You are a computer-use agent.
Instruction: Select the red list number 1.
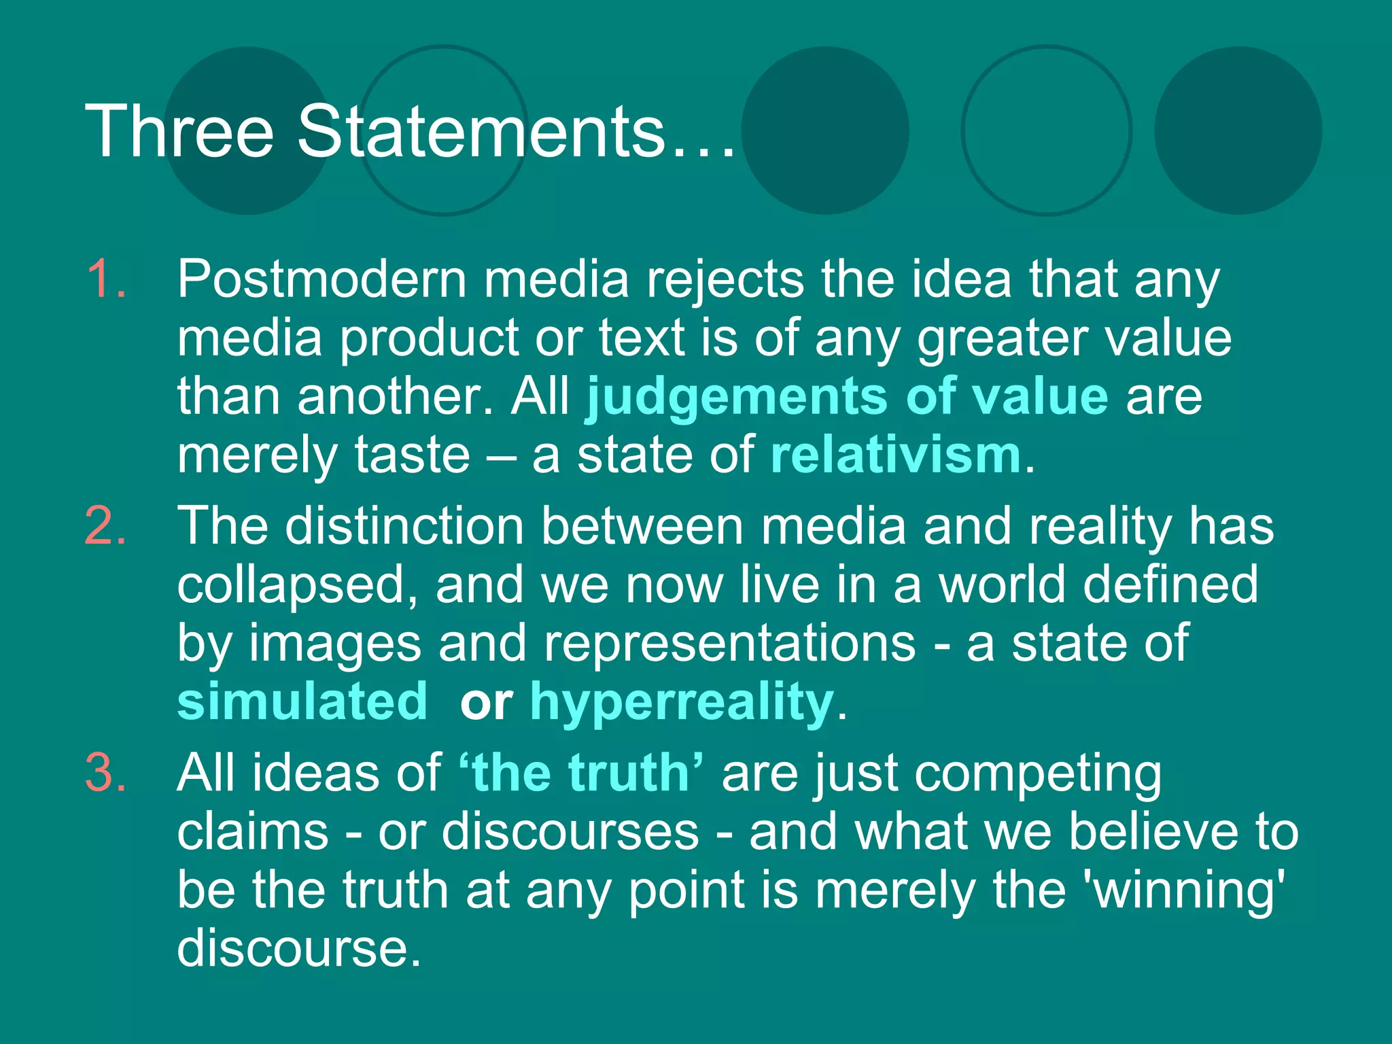(106, 279)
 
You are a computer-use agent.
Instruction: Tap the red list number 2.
(106, 527)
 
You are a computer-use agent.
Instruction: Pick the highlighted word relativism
(896, 455)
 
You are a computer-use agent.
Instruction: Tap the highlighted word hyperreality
(681, 702)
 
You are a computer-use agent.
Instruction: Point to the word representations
(729, 643)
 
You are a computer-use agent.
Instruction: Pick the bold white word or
(486, 702)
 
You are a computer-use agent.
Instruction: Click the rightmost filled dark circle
(1238, 130)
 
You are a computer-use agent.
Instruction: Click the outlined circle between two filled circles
(1047, 130)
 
